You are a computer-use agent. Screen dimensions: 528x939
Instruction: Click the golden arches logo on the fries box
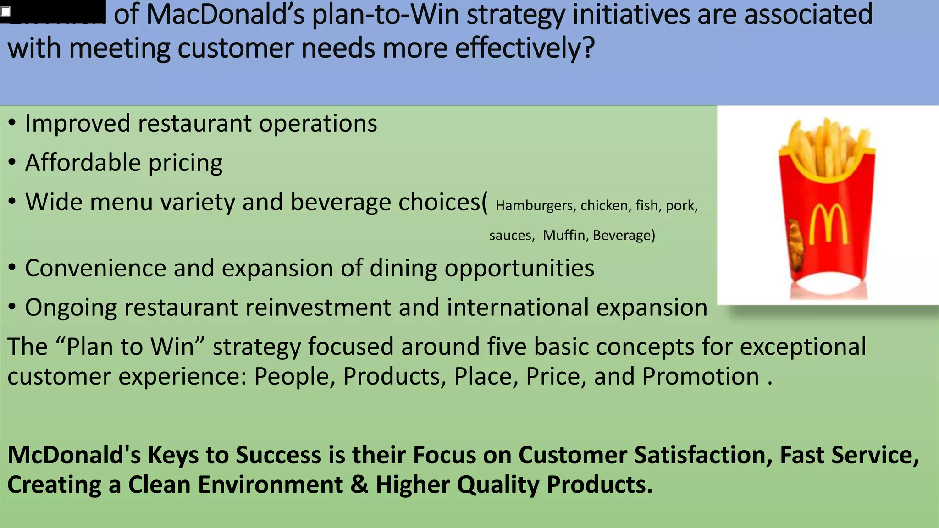click(828, 224)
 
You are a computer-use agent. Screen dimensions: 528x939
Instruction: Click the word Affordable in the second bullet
click(83, 163)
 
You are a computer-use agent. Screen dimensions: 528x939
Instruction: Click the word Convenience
click(95, 268)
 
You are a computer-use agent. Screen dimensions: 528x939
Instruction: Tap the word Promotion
click(701, 377)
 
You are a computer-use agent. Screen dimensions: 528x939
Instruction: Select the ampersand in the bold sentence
click(359, 485)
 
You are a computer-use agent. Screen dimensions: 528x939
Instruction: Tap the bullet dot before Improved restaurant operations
click(12, 123)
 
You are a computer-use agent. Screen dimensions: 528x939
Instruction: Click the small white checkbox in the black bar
click(6, 12)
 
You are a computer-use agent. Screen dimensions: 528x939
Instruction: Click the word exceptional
click(803, 347)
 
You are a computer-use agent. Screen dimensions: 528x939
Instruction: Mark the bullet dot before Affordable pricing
click(12, 162)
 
